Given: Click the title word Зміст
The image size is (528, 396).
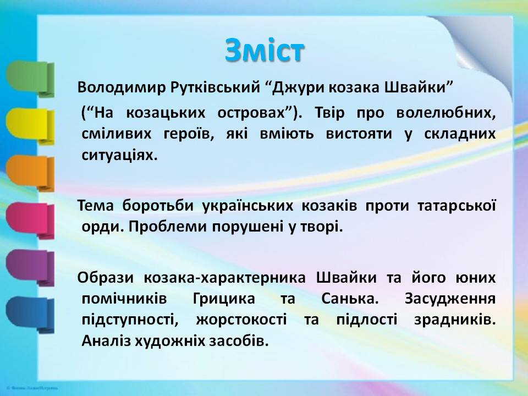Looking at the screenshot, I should (x=265, y=51).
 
